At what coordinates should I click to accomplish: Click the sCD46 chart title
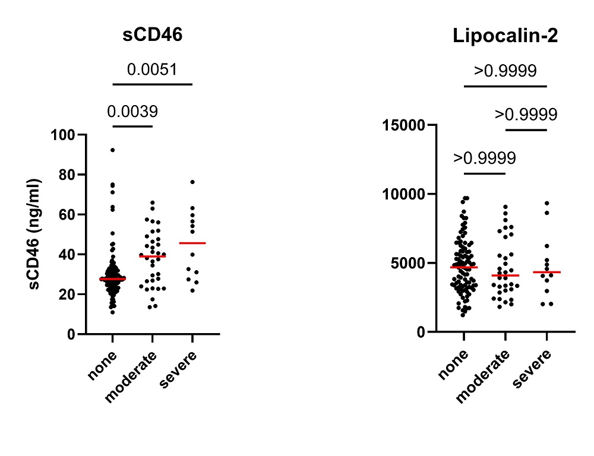[153, 35]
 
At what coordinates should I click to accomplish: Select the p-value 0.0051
[152, 69]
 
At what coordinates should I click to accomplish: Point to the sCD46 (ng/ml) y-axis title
[37, 234]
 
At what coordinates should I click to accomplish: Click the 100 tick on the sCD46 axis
[64, 135]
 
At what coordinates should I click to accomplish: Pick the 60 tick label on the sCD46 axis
[68, 214]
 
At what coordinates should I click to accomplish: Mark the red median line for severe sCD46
[192, 243]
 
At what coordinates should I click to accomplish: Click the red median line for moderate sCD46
[152, 256]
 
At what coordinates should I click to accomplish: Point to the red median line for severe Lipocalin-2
[546, 272]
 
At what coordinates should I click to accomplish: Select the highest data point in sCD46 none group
[112, 150]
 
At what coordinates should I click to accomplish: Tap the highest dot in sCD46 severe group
[192, 182]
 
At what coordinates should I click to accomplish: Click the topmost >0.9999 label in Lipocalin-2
[505, 71]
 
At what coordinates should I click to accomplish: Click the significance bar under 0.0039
[132, 126]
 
